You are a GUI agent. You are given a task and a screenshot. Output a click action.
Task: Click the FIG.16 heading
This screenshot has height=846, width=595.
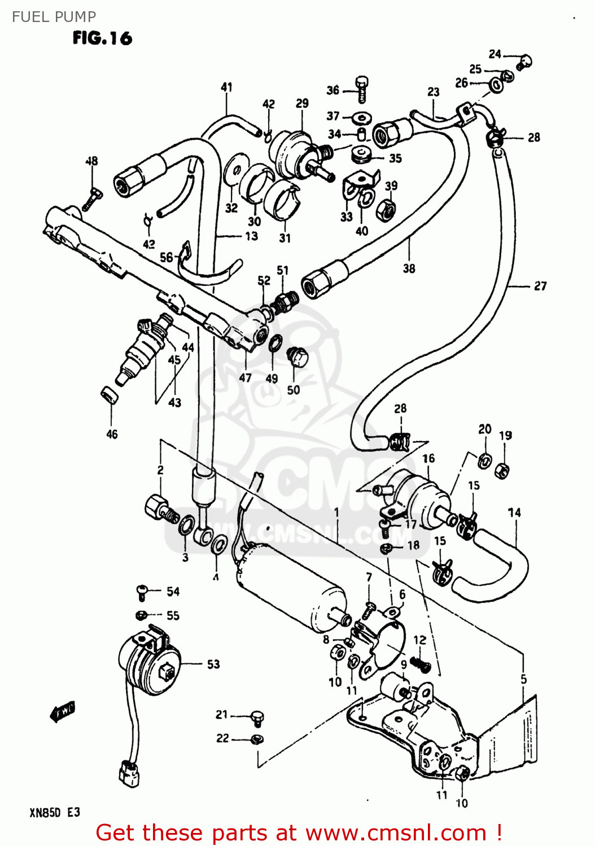[102, 38]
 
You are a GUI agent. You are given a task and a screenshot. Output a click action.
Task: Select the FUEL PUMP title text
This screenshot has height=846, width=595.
[54, 17]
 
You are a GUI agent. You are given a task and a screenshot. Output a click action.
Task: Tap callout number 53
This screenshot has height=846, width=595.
[213, 664]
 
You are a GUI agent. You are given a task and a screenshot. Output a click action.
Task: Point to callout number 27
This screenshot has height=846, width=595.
[540, 286]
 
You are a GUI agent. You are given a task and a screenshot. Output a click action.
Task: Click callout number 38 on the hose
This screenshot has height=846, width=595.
[409, 268]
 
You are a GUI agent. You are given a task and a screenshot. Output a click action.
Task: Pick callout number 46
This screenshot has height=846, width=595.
[112, 434]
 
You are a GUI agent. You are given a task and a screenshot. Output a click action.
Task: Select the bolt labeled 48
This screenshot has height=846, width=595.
[93, 198]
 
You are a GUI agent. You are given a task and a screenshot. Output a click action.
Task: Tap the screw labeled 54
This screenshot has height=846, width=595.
[142, 592]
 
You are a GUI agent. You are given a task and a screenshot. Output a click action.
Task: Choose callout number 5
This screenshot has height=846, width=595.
[523, 679]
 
